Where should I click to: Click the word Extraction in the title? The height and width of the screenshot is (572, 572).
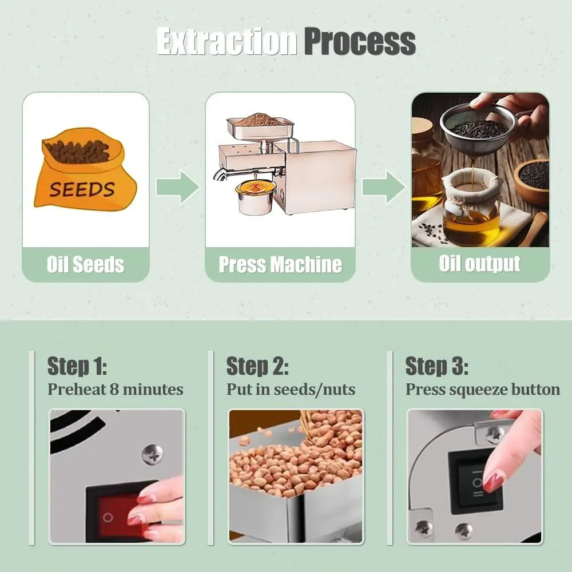pyautogui.click(x=227, y=42)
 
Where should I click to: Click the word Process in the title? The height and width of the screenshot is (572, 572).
pyautogui.click(x=360, y=42)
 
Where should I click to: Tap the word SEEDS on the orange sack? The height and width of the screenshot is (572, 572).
pyautogui.click(x=82, y=189)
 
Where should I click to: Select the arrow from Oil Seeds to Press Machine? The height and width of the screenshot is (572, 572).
pyautogui.click(x=178, y=187)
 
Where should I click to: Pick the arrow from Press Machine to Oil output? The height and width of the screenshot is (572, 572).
pyautogui.click(x=384, y=187)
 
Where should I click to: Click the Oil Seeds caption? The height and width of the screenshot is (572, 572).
pyautogui.click(x=86, y=264)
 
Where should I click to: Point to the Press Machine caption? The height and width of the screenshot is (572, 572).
pyautogui.click(x=280, y=264)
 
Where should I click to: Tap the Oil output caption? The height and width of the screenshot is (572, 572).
pyautogui.click(x=480, y=263)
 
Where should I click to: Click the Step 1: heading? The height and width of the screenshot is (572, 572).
pyautogui.click(x=77, y=366)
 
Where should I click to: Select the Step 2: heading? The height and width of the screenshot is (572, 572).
pyautogui.click(x=257, y=366)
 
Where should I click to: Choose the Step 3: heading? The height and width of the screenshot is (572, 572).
pyautogui.click(x=436, y=366)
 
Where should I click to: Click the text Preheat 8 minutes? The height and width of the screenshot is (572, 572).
pyautogui.click(x=116, y=389)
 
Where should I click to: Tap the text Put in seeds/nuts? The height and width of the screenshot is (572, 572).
pyautogui.click(x=291, y=389)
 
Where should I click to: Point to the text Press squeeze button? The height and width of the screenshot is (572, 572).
pyautogui.click(x=483, y=390)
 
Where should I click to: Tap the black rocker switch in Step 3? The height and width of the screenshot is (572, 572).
pyautogui.click(x=475, y=482)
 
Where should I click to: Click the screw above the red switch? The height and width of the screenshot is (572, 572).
pyautogui.click(x=152, y=455)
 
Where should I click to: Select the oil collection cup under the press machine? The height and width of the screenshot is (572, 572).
pyautogui.click(x=255, y=197)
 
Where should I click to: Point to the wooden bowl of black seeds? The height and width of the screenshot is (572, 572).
pyautogui.click(x=533, y=181)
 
